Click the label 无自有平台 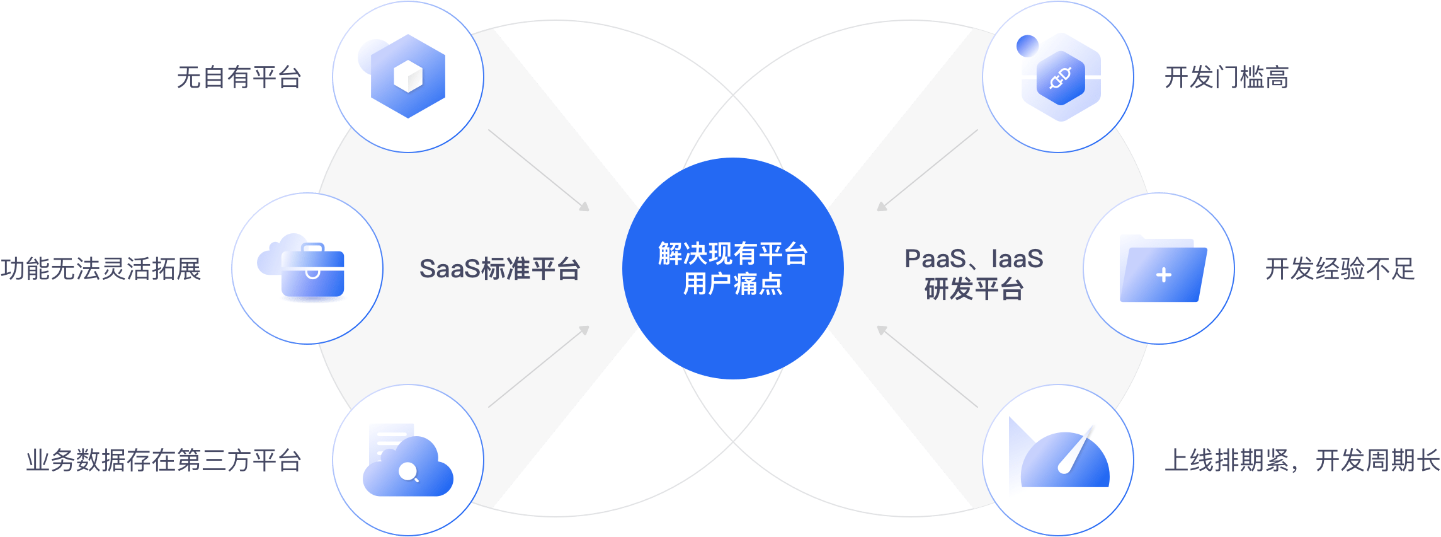239,78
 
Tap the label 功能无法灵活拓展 101,269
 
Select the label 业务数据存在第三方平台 164,461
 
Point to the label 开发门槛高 1226,78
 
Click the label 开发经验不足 1340,269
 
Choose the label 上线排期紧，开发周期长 1302,461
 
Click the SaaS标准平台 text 499,269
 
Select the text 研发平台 974,290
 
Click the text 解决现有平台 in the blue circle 732,254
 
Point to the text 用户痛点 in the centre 732,284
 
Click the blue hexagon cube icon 407,76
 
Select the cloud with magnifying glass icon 408,466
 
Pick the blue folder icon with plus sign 1163,271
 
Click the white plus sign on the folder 1164,275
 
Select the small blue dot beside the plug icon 1027,46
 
